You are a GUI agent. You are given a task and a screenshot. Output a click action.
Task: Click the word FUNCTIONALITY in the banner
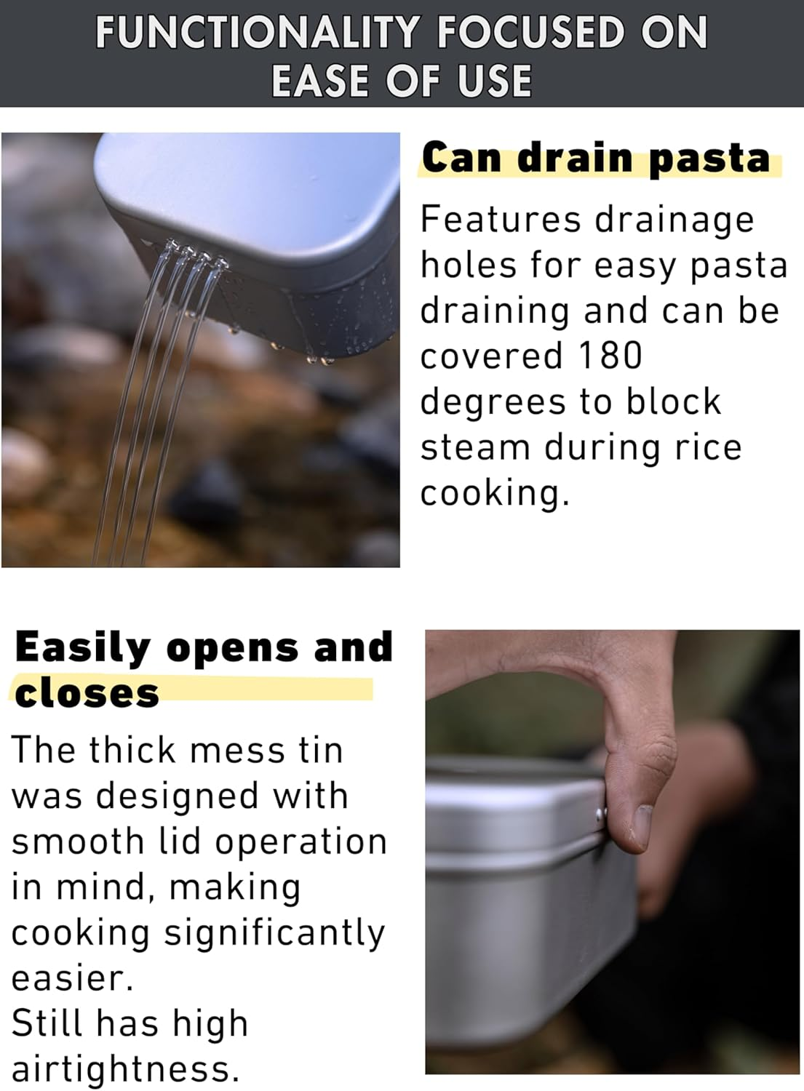(x=258, y=33)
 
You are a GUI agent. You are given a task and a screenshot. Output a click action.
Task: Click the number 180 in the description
(x=610, y=356)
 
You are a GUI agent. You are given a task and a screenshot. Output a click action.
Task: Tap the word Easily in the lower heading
(x=82, y=648)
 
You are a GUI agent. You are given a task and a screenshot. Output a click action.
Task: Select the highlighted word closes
(x=87, y=693)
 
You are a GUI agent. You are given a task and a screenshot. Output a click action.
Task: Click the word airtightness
(x=125, y=1069)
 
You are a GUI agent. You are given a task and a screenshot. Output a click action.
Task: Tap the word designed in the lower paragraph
(x=178, y=796)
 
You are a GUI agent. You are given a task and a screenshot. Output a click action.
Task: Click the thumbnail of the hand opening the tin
(x=612, y=851)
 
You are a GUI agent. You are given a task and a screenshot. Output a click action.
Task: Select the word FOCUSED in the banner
(x=530, y=33)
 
